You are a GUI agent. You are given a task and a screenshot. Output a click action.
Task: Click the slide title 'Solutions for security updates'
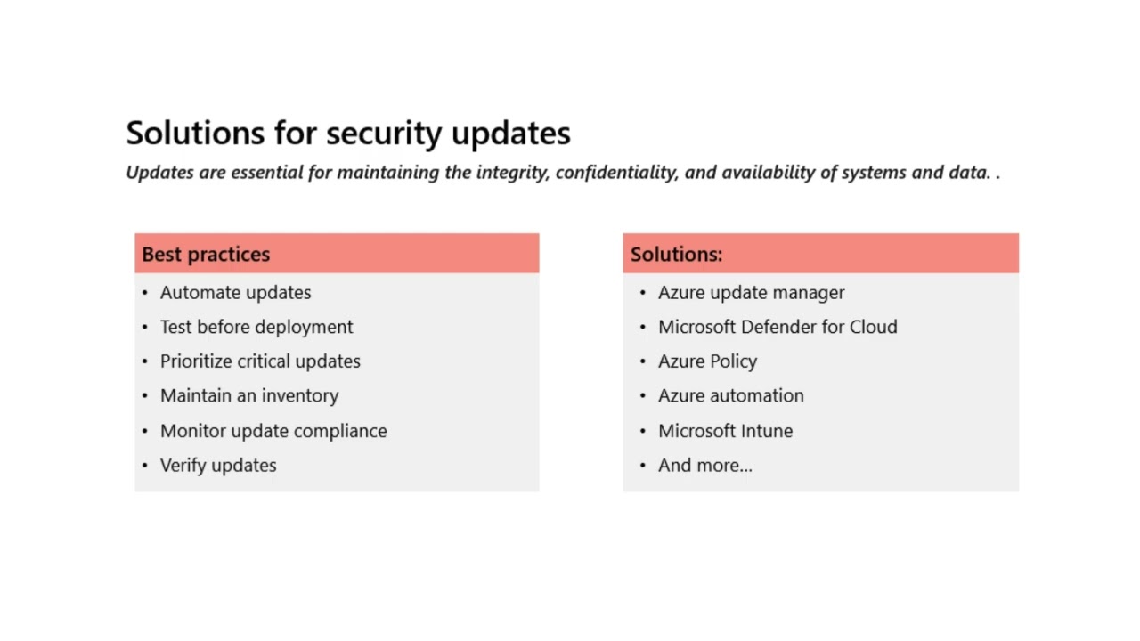click(348, 134)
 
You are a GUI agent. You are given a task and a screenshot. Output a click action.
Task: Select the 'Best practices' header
click(206, 255)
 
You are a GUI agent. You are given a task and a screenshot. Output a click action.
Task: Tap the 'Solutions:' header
click(676, 255)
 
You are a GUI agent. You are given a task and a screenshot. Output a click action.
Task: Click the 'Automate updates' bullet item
click(235, 293)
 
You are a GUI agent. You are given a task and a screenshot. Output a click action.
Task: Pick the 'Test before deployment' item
click(256, 327)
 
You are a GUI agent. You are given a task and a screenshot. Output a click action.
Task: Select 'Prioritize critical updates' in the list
click(260, 361)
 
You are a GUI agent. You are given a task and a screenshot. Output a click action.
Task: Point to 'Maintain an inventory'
click(249, 395)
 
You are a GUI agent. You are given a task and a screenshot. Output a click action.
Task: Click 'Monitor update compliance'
click(273, 431)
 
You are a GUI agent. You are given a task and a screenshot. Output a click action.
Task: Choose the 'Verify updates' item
click(218, 466)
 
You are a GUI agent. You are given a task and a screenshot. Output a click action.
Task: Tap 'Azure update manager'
click(751, 293)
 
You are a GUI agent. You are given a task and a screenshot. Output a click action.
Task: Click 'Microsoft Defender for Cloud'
click(778, 327)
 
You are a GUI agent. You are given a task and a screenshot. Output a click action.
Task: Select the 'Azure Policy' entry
click(707, 361)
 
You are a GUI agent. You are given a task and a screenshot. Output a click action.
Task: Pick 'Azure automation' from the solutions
click(730, 395)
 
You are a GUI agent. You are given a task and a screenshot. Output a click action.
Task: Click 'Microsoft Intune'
click(725, 431)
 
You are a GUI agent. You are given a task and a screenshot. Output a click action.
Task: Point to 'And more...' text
click(704, 466)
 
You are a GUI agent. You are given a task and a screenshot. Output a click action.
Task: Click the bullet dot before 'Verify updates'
click(145, 466)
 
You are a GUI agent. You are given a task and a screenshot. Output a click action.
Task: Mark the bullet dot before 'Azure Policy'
click(643, 361)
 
